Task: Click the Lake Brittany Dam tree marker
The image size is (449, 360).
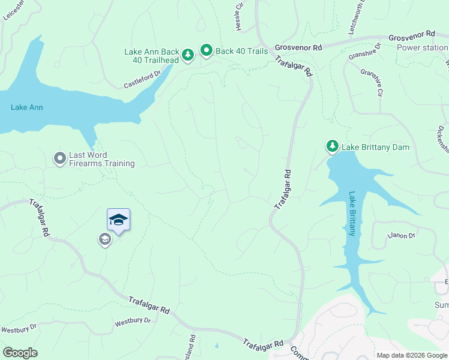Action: tap(332, 146)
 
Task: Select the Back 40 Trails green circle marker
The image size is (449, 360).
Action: tap(206, 51)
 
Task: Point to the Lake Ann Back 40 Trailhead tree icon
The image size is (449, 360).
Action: tap(188, 55)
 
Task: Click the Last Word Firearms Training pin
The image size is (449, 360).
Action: tap(59, 158)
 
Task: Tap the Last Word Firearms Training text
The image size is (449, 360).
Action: tap(101, 159)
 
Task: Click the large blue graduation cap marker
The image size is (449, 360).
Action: tap(118, 220)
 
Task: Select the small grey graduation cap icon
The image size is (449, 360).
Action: tap(104, 240)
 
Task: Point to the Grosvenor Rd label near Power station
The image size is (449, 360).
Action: tap(411, 37)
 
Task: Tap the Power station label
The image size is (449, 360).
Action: tap(423, 47)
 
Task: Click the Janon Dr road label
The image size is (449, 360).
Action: tap(402, 235)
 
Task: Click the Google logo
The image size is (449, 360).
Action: tap(20, 353)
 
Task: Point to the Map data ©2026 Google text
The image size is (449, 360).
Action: tap(411, 355)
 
